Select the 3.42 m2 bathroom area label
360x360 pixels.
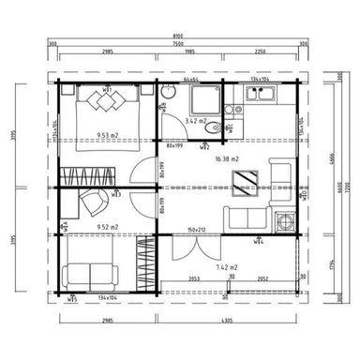coord(195,121)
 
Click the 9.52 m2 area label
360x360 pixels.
coord(108,226)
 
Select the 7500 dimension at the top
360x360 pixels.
coord(177,43)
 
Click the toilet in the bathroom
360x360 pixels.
coord(166,94)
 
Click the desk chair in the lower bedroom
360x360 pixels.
coord(92,202)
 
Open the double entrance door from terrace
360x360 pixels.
coord(196,246)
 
